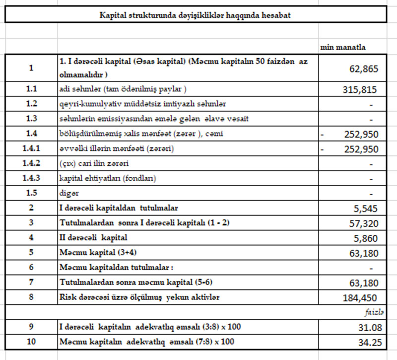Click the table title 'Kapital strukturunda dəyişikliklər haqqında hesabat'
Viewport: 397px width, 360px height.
pyautogui.click(x=195, y=15)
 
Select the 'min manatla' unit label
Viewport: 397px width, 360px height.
pyautogui.click(x=344, y=47)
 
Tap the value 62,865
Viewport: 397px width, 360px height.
pyautogui.click(x=363, y=69)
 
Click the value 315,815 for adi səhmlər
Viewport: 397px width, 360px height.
pyautogui.click(x=360, y=90)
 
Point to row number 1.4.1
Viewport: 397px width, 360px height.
pyautogui.click(x=32, y=149)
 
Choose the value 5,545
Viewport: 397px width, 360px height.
pyautogui.click(x=367, y=209)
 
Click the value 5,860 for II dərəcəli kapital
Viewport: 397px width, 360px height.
pyautogui.click(x=367, y=238)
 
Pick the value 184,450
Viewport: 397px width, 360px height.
pyautogui.click(x=360, y=298)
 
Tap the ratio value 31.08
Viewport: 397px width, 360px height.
pyautogui.click(x=368, y=328)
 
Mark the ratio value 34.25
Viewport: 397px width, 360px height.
pyautogui.click(x=368, y=343)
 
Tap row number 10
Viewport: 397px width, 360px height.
pyautogui.click(x=32, y=342)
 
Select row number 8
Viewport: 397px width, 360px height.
pyautogui.click(x=32, y=297)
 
